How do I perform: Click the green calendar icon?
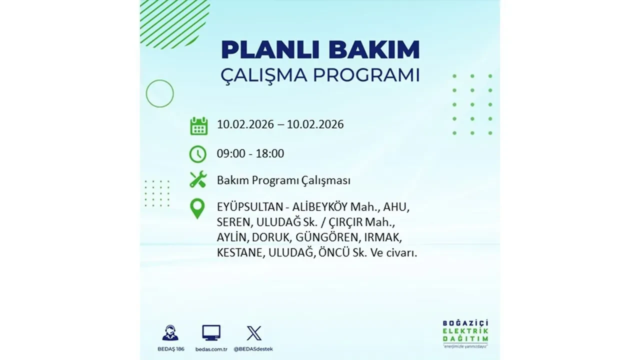[198, 125]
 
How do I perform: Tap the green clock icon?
[198, 154]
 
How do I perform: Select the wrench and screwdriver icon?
[198, 179]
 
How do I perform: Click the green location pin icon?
[198, 208]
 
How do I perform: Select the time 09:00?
[231, 153]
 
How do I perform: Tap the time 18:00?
[270, 153]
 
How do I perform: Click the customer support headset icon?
[170, 332]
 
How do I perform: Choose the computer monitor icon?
[211, 332]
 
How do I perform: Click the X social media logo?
[254, 332]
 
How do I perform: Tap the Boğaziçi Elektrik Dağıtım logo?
[465, 332]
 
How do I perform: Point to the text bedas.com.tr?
[211, 348]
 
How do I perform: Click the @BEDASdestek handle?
[254, 348]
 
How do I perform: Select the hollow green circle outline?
[159, 93]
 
